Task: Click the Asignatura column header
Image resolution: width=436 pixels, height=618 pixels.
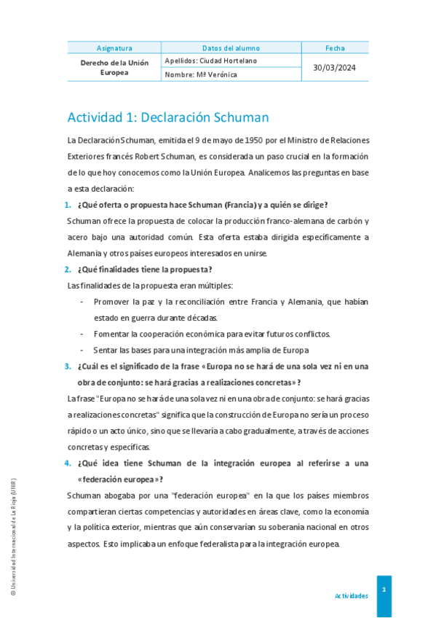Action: click(x=114, y=48)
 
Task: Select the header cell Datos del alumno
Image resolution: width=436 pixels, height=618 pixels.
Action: click(x=231, y=48)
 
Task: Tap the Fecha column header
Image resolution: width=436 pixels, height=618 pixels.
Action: click(x=336, y=48)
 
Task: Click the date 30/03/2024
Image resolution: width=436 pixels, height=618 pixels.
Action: click(x=336, y=67)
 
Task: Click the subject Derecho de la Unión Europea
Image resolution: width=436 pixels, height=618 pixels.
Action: click(x=114, y=67)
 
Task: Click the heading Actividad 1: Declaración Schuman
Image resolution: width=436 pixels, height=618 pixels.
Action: click(x=168, y=117)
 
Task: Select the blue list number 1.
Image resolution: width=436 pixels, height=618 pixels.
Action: click(x=68, y=205)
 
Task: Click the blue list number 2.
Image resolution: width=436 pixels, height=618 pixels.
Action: click(x=68, y=270)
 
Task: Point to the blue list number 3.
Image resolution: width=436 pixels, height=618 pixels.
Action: click(x=68, y=367)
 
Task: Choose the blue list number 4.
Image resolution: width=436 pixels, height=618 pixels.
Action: click(x=68, y=463)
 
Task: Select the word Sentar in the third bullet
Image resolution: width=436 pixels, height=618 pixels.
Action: click(x=106, y=351)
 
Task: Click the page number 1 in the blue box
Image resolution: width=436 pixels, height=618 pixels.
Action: click(x=384, y=589)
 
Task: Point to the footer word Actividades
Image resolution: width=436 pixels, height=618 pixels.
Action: click(x=351, y=596)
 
